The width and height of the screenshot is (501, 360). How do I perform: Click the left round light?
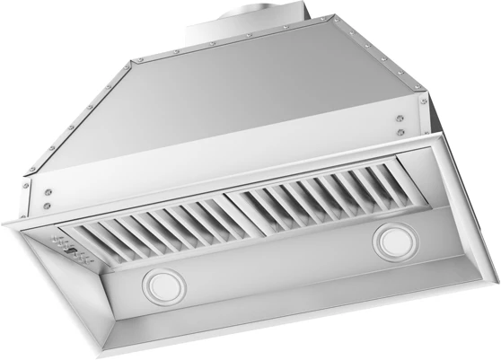[162, 286]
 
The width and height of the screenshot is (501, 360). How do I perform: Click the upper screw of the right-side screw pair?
[398, 116]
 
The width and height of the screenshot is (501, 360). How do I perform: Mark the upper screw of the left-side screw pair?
[48, 191]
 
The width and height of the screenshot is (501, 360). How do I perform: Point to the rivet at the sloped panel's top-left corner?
[135, 61]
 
